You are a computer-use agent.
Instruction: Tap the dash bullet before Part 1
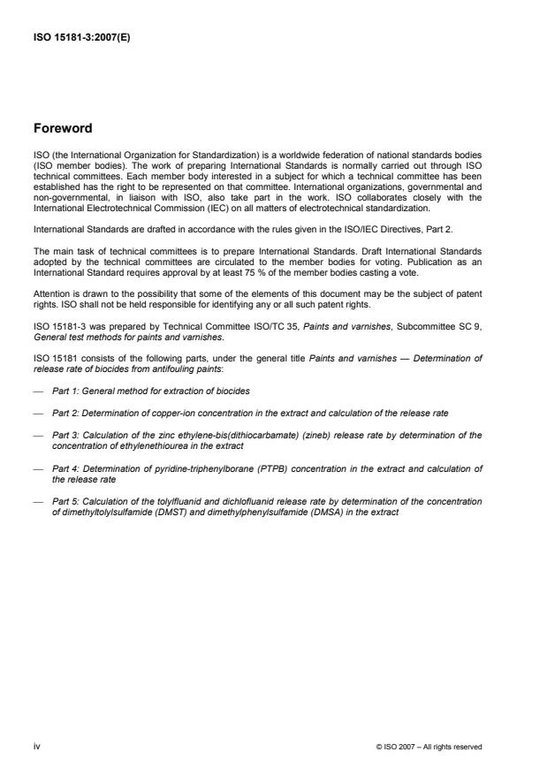tap(39, 366)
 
